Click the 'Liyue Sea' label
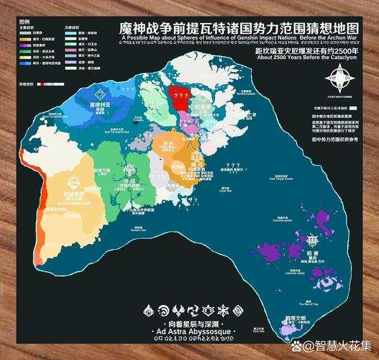[232, 192]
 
